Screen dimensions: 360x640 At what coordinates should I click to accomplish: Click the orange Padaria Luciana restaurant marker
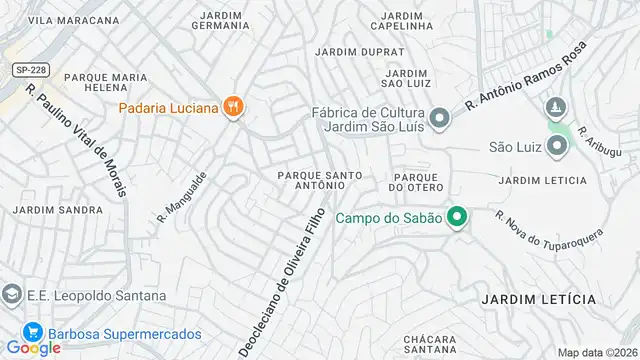coord(233,107)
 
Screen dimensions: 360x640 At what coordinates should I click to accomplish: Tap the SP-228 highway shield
coord(30,69)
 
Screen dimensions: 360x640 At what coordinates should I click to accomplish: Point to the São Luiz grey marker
coord(557,147)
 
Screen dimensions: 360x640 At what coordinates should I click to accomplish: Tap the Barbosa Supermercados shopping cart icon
coord(32,334)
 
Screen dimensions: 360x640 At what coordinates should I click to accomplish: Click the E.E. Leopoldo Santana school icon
coord(11,296)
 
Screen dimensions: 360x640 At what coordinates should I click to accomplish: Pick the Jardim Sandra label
coord(57,210)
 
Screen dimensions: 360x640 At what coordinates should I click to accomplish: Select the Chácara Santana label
coord(431,345)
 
